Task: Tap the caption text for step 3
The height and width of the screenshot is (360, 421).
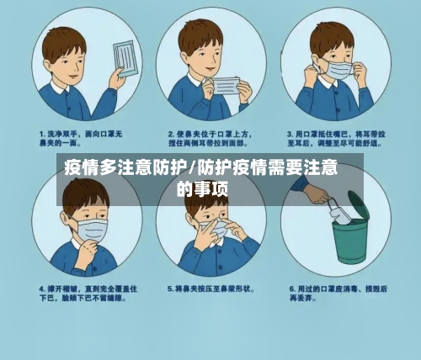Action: [337, 138]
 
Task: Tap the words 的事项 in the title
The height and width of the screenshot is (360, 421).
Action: [202, 188]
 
